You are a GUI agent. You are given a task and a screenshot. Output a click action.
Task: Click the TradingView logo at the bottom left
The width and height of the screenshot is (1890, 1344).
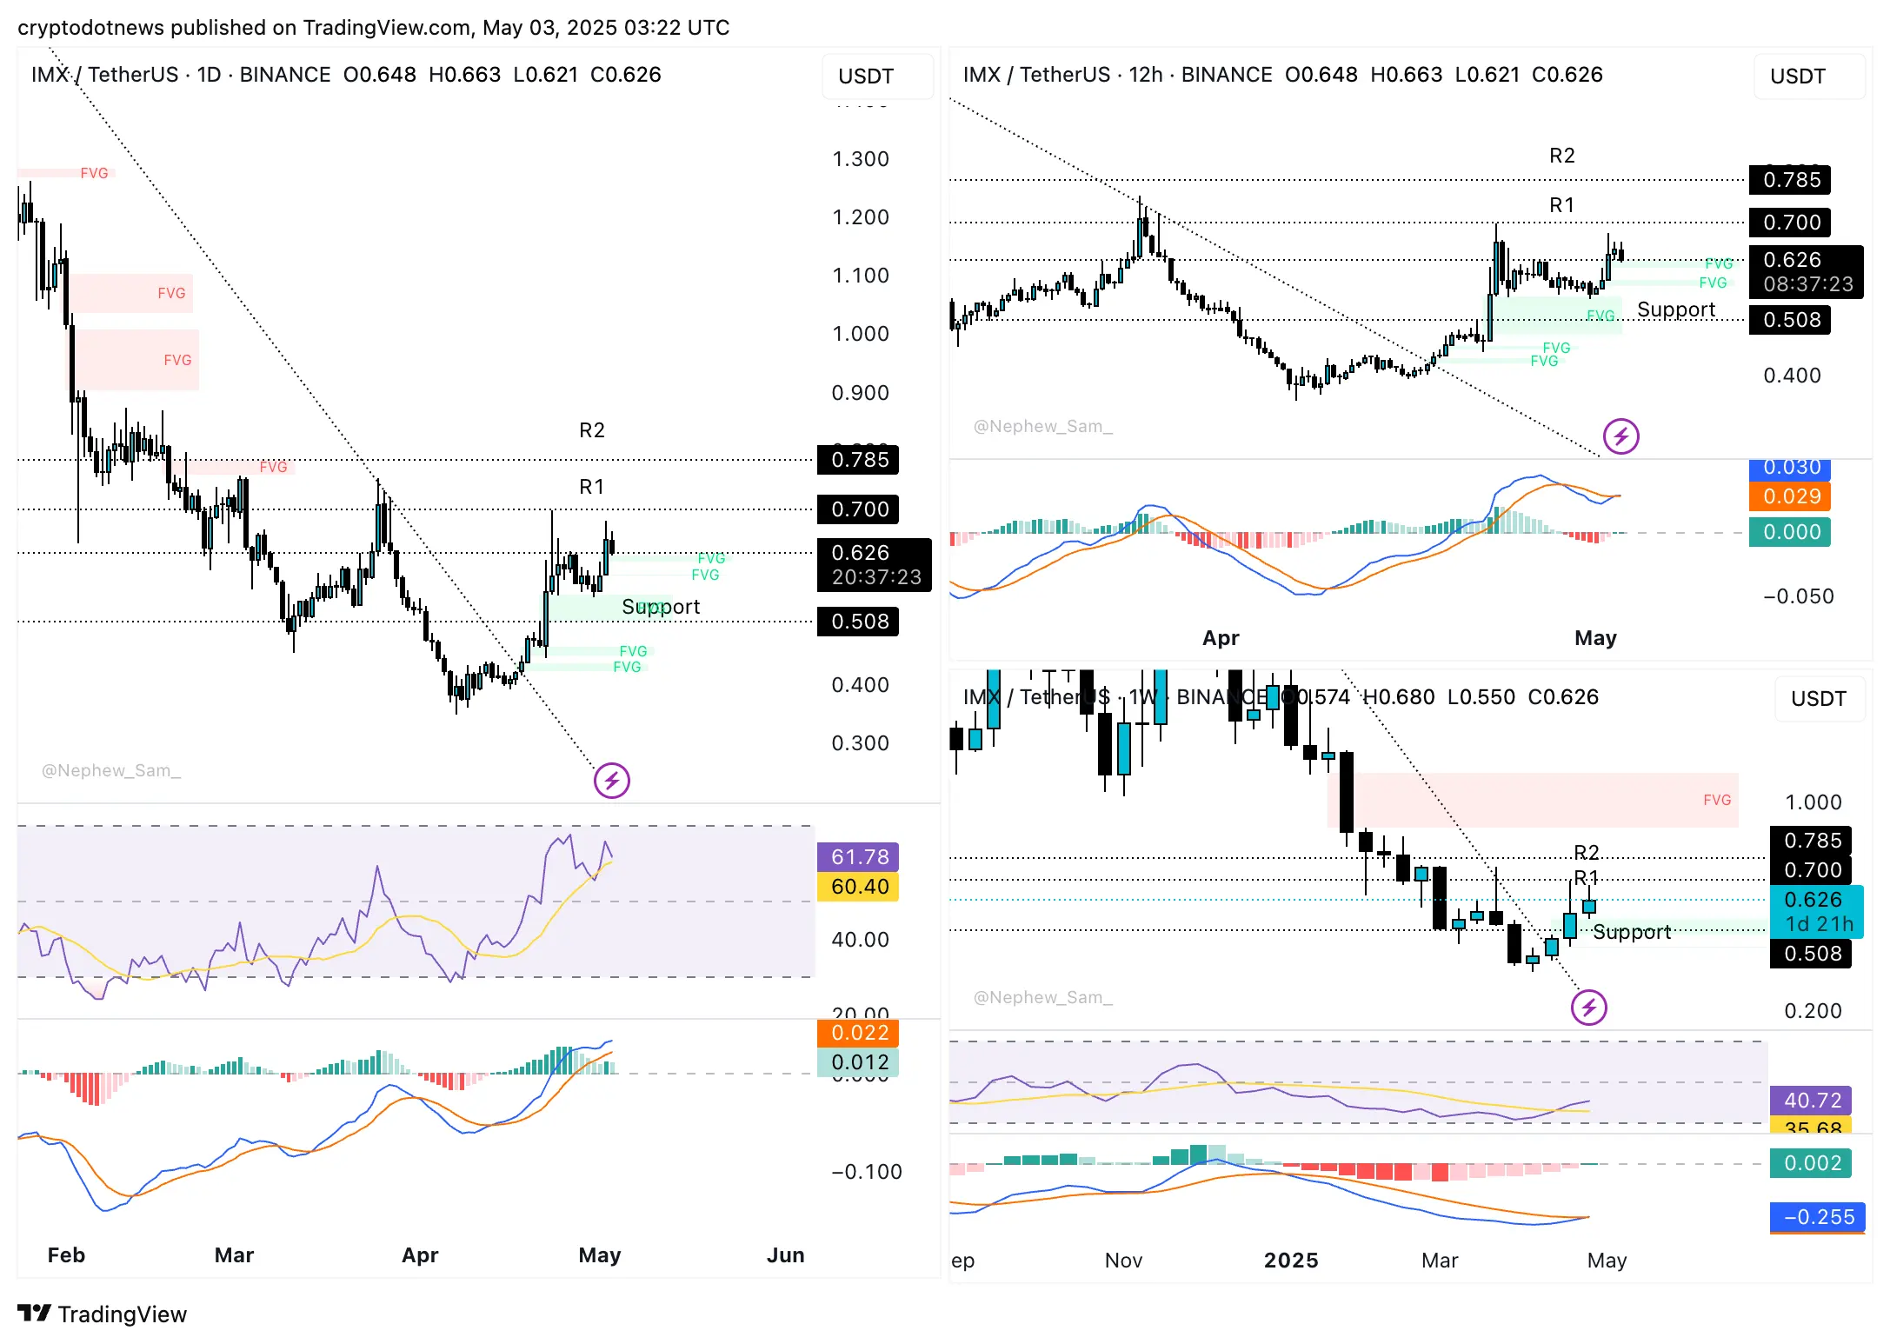click(x=102, y=1314)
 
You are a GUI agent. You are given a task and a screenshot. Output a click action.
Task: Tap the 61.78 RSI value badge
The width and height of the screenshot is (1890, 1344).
click(x=858, y=857)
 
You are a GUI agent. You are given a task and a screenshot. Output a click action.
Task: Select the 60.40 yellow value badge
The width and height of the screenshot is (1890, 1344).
click(x=858, y=887)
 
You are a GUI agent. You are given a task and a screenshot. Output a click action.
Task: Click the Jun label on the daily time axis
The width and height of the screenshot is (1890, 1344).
click(x=785, y=1254)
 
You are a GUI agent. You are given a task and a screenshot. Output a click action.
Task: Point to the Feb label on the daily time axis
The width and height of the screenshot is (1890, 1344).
click(x=66, y=1254)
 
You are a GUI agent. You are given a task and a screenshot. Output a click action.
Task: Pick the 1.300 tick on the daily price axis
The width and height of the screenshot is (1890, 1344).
click(x=860, y=159)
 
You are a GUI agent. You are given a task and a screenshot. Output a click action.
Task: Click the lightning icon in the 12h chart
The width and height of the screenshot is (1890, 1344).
click(x=1620, y=436)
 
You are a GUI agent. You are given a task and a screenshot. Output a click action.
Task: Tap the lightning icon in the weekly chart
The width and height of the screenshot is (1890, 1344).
click(x=1588, y=1008)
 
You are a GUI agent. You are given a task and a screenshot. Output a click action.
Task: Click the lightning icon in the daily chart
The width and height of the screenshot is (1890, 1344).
click(x=611, y=781)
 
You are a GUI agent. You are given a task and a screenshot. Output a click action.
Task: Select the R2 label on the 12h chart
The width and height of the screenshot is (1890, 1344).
click(x=1561, y=156)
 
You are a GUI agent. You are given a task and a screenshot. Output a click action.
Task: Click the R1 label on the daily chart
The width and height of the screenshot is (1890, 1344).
click(x=591, y=487)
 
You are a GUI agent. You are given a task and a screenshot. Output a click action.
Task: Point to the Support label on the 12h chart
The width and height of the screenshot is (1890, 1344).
click(x=1675, y=309)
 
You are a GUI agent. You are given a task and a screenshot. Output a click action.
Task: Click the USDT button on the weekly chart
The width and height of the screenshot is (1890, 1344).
click(x=1818, y=699)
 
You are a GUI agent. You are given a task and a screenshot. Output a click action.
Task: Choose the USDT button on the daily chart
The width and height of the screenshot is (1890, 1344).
click(x=866, y=77)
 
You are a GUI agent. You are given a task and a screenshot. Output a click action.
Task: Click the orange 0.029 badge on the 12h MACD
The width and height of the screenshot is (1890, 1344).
click(x=1791, y=496)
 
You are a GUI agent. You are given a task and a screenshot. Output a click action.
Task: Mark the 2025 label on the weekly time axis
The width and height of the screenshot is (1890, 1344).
click(x=1290, y=1261)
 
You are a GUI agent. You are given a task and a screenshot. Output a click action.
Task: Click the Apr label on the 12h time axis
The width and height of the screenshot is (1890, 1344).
click(x=1221, y=638)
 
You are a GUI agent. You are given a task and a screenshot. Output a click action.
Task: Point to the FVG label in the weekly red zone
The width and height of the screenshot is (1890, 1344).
click(x=1716, y=800)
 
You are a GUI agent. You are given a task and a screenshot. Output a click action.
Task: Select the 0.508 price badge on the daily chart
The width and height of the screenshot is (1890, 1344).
click(x=858, y=622)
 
